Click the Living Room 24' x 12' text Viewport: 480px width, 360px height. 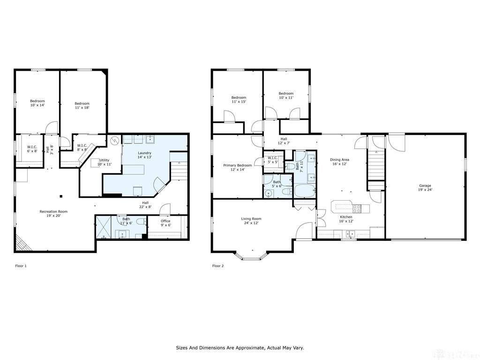[251, 221]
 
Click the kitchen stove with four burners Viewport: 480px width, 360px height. [357, 209]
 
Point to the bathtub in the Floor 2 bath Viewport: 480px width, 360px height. [304, 190]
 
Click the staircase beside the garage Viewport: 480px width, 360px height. [375, 165]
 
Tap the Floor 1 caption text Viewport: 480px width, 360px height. [21, 266]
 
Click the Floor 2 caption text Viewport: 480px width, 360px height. [218, 266]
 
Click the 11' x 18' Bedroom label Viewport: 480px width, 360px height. [82, 105]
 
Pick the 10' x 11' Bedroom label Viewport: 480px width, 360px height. [286, 96]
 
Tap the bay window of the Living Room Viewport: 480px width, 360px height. [251, 256]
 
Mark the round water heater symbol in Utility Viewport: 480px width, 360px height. [115, 141]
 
